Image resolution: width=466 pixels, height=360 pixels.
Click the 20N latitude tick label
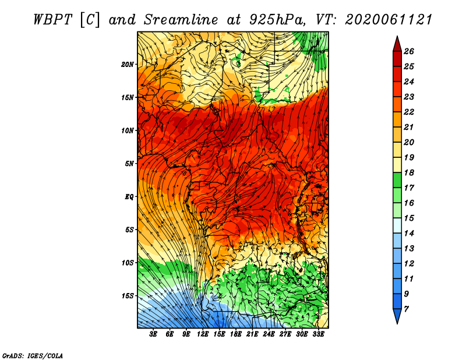click(128, 65)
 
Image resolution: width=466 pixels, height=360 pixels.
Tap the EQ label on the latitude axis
click(129, 197)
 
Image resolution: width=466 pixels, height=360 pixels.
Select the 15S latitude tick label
click(128, 296)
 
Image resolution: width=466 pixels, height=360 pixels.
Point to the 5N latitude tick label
click(129, 164)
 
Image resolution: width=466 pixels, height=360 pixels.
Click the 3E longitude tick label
click(153, 334)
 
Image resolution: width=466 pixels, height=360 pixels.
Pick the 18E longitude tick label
click(235, 334)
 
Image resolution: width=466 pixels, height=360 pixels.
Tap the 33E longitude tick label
click(318, 334)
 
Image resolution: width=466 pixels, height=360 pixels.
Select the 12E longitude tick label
click(202, 334)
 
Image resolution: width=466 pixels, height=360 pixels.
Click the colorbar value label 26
click(409, 51)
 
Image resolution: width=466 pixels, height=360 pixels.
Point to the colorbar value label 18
click(409, 172)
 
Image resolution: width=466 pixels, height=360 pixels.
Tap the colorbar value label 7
click(406, 309)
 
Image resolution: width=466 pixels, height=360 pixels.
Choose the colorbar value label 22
click(409, 112)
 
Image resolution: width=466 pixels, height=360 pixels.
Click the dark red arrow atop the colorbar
click(397, 44)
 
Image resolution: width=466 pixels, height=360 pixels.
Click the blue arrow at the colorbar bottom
click(397, 316)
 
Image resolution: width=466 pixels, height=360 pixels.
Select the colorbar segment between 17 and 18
click(397, 180)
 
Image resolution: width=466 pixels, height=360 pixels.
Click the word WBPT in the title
click(52, 20)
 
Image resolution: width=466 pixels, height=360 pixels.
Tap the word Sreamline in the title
click(181, 20)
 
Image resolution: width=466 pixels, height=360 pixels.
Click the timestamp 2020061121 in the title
click(389, 20)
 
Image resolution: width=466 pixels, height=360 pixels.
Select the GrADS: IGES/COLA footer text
click(33, 355)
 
